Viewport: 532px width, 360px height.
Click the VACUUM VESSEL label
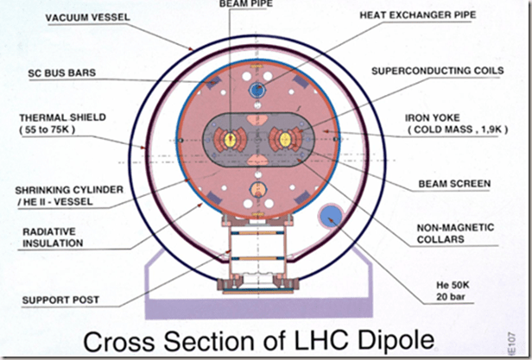92,16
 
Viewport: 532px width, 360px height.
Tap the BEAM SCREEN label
455,183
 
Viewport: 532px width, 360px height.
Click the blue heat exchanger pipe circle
256,89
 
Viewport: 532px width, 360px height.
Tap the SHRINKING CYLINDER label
57,195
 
